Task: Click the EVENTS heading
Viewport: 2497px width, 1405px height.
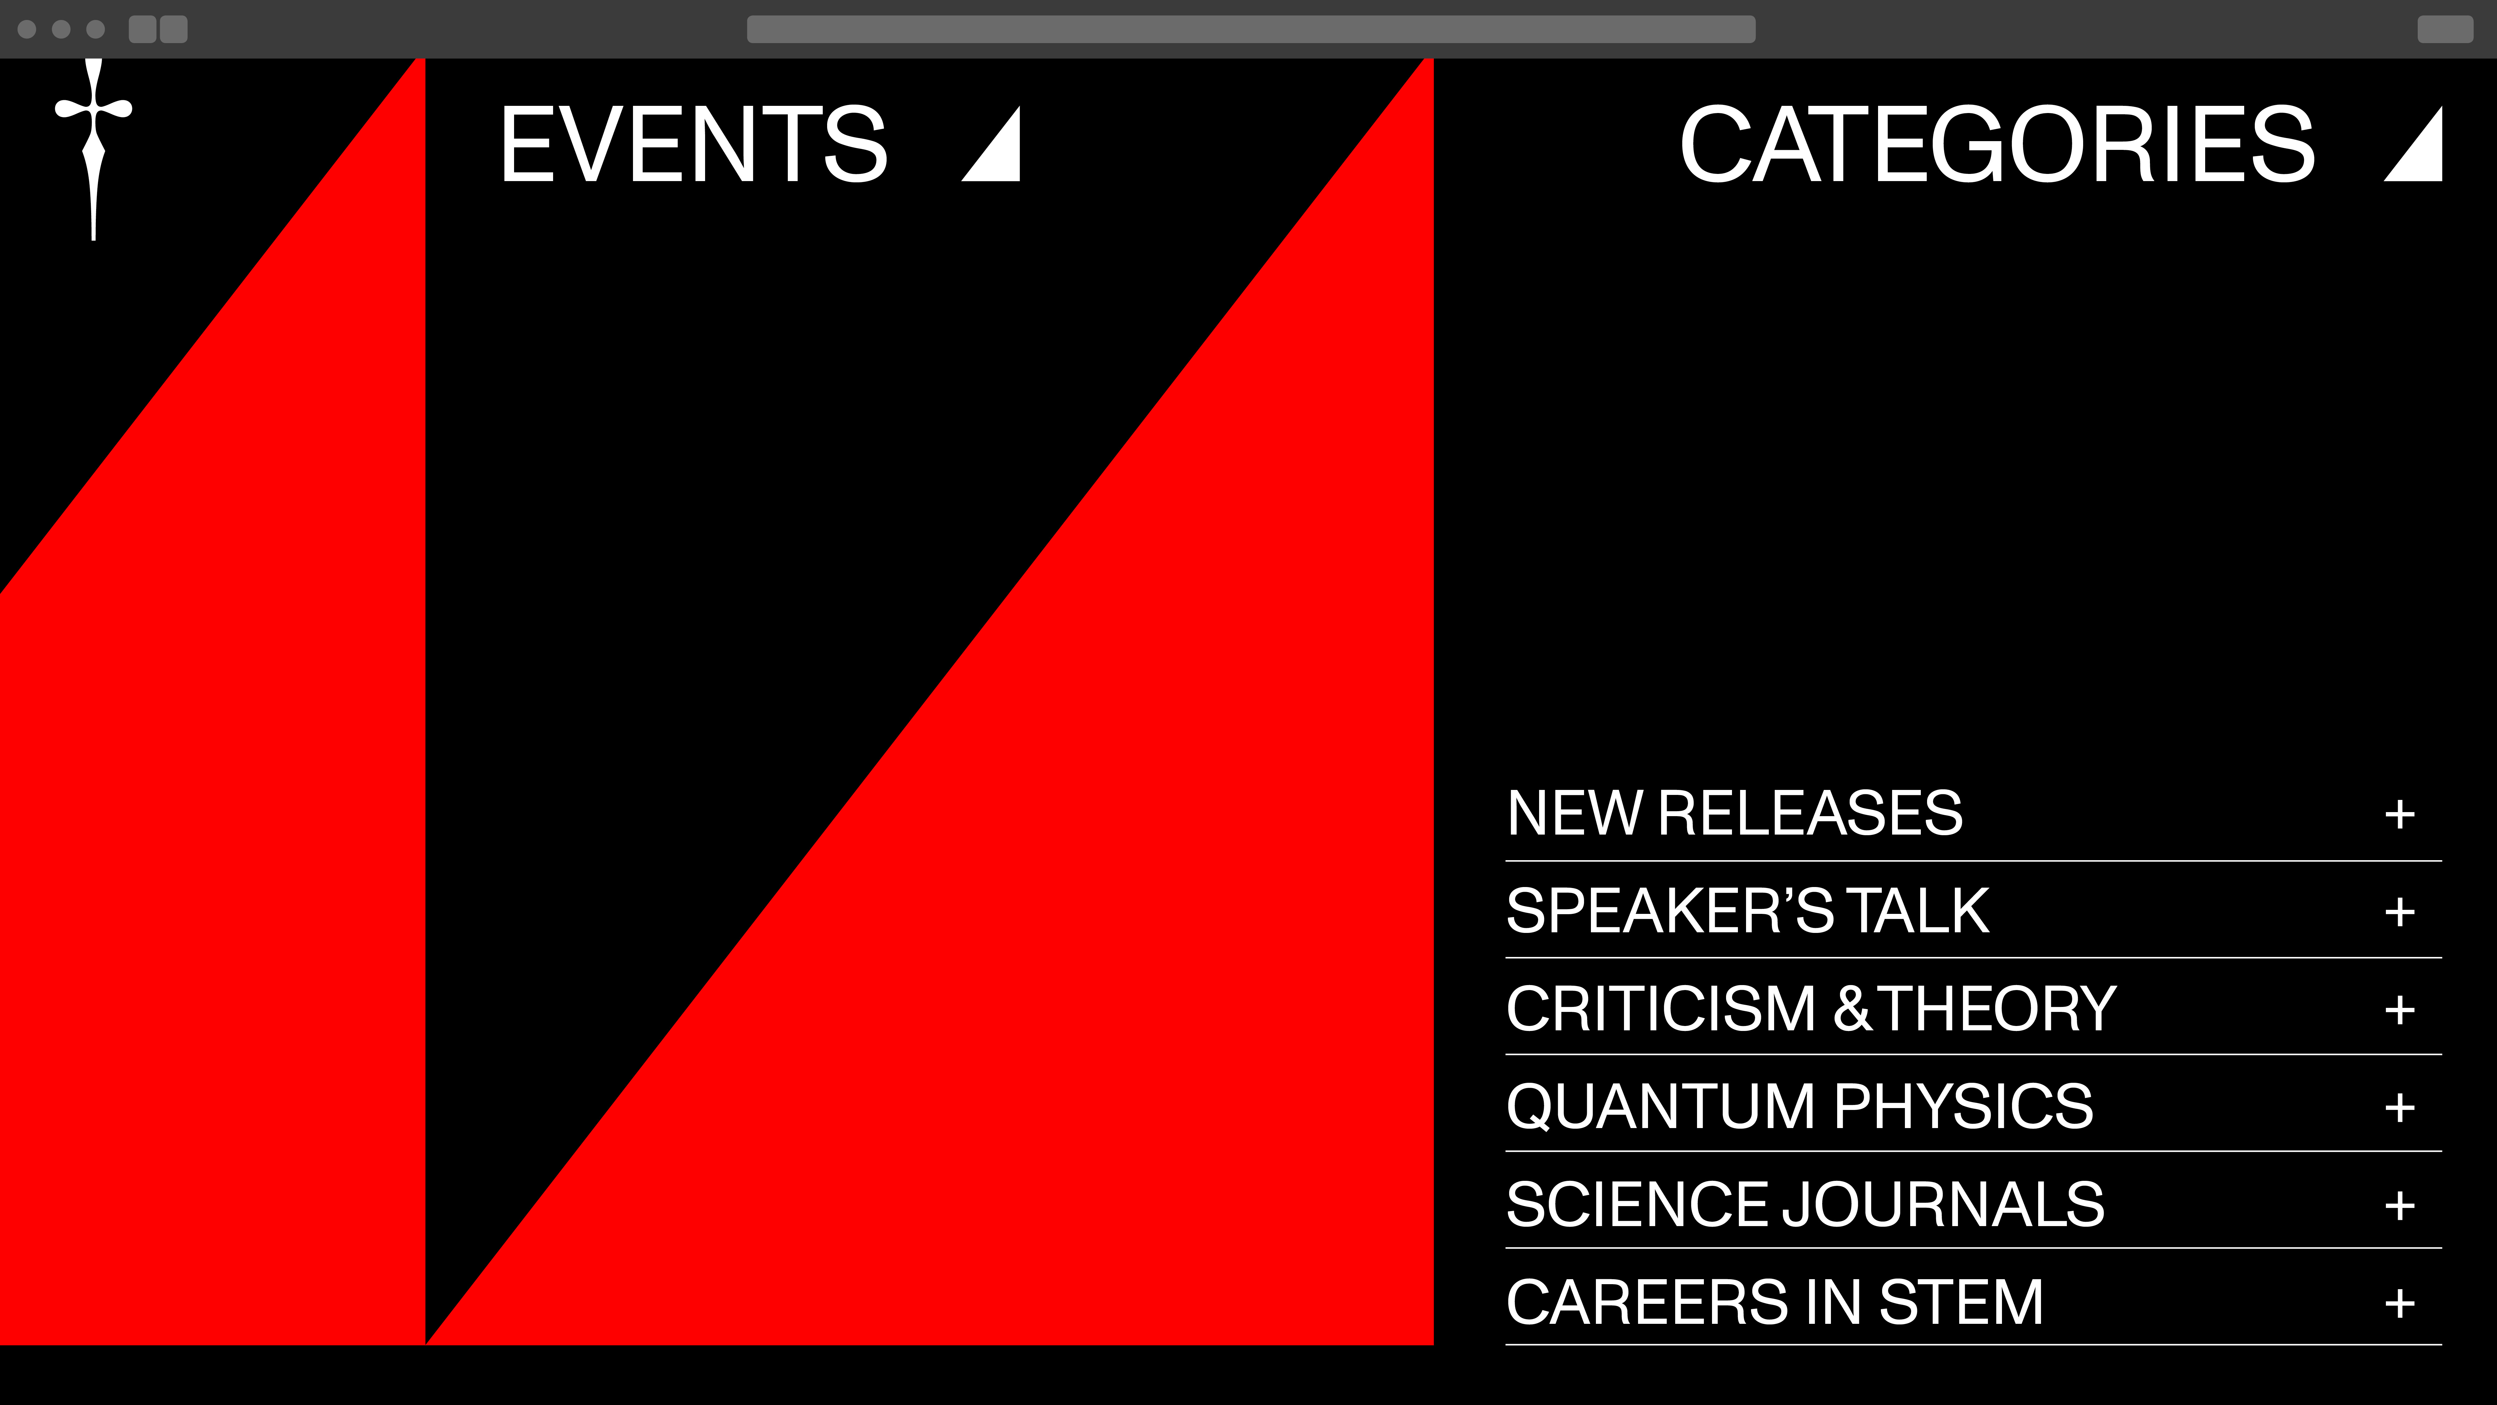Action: point(694,145)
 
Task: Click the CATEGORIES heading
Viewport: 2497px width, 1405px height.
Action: point(1997,145)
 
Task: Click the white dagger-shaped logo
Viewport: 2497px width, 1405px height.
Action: point(94,145)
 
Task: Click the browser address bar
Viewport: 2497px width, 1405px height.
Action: point(1250,29)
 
